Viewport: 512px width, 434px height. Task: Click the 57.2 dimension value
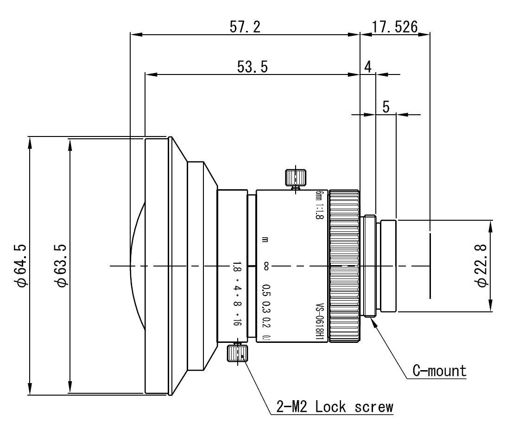(245, 27)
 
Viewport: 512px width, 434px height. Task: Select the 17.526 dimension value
(394, 27)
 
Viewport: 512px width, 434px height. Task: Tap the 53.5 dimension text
(252, 67)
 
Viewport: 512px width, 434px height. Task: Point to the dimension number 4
(367, 67)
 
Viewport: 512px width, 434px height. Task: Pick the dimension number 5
(386, 107)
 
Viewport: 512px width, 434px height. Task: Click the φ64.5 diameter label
(21, 266)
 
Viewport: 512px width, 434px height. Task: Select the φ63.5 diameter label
(61, 266)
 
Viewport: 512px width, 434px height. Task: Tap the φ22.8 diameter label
(481, 266)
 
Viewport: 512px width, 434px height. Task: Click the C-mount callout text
(439, 370)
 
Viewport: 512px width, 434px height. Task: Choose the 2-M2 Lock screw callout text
(332, 407)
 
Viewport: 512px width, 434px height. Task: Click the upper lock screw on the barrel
(295, 177)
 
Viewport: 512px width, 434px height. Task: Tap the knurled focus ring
(343, 266)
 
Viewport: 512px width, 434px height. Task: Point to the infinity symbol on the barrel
(266, 266)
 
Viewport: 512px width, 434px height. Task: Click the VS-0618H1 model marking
(319, 322)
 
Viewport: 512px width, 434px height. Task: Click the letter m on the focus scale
(266, 240)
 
